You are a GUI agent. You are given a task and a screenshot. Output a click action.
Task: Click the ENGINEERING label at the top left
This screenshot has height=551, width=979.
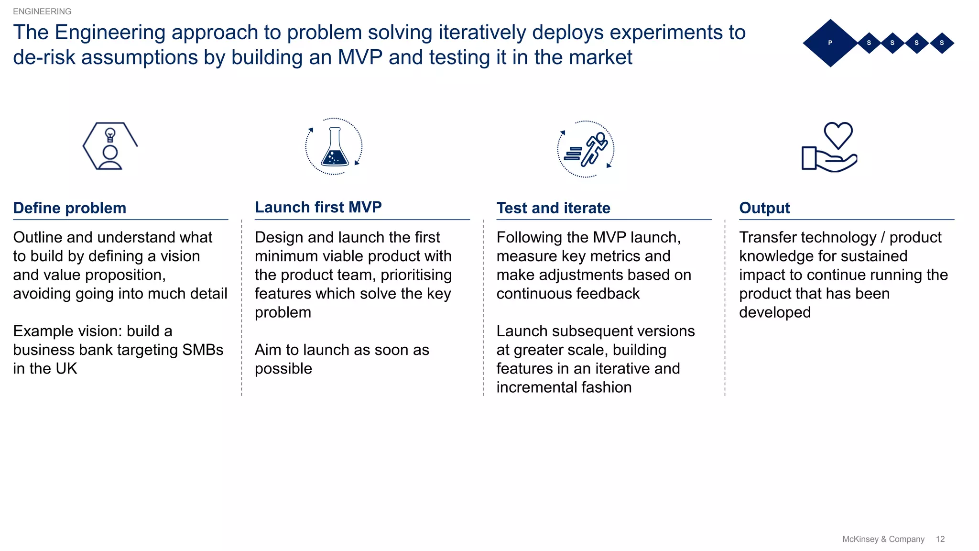[42, 11]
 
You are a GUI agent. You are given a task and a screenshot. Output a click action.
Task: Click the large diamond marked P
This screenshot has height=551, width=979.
[830, 43]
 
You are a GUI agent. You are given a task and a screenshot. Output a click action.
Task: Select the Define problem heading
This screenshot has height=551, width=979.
[70, 208]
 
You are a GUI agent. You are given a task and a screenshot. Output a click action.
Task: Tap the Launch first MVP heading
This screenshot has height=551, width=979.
[318, 207]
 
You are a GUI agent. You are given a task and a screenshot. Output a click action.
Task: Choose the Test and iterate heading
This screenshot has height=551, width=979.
[553, 208]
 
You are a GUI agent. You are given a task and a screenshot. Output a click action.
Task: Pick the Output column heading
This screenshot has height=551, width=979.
[764, 208]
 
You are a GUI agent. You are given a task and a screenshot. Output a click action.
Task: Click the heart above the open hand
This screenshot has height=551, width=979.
[838, 135]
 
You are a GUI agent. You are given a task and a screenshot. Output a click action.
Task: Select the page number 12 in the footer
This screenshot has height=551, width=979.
[940, 539]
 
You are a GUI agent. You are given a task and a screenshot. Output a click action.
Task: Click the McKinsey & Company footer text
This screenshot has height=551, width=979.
[883, 539]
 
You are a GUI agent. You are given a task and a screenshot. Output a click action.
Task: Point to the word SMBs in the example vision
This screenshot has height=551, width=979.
[203, 350]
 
